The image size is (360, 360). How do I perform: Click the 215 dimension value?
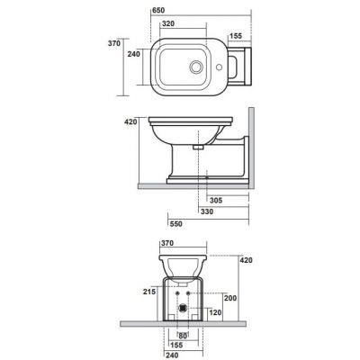coord(150,291)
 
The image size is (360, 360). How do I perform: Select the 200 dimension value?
coord(229,297)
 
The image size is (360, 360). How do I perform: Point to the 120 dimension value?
coord(216,311)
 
